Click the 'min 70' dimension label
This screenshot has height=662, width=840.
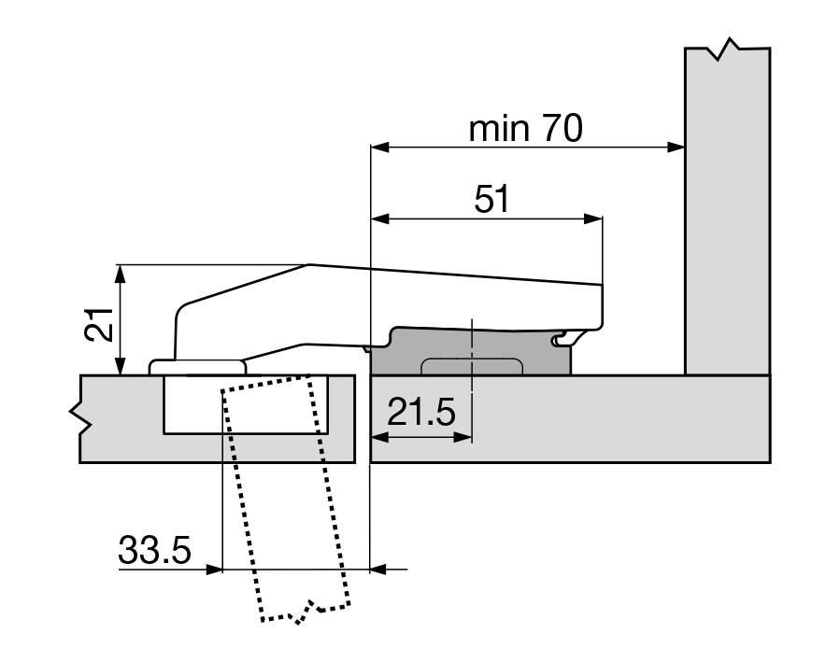pyautogui.click(x=525, y=129)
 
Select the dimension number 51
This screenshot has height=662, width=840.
pyautogui.click(x=492, y=199)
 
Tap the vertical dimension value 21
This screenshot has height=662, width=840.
pyautogui.click(x=100, y=324)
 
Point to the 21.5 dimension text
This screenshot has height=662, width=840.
pyautogui.click(x=421, y=412)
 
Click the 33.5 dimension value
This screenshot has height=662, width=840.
pyautogui.click(x=154, y=550)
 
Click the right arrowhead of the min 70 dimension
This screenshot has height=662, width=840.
pyautogui.click(x=676, y=147)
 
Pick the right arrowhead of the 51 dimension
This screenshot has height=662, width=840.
pyautogui.click(x=593, y=218)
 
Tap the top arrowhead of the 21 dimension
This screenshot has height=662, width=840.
pyautogui.click(x=121, y=274)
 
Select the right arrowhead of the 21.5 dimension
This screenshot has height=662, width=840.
pyautogui.click(x=463, y=437)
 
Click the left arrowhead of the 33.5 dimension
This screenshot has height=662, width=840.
pyautogui.click(x=214, y=570)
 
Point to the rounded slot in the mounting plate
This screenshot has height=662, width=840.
pyautogui.click(x=472, y=366)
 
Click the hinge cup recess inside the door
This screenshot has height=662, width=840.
pyautogui.click(x=246, y=404)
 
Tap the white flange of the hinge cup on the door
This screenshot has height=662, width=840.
pyautogui.click(x=197, y=367)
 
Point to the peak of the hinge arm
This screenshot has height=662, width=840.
pyautogui.click(x=309, y=264)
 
